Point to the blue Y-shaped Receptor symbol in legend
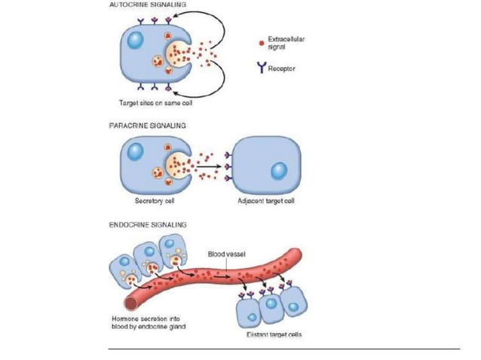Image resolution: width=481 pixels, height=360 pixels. click(x=261, y=68)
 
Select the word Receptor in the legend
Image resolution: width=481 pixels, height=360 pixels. click(x=283, y=68)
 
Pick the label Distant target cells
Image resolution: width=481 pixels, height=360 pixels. click(x=274, y=334)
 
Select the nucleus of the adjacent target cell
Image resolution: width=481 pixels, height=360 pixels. click(x=278, y=171)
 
